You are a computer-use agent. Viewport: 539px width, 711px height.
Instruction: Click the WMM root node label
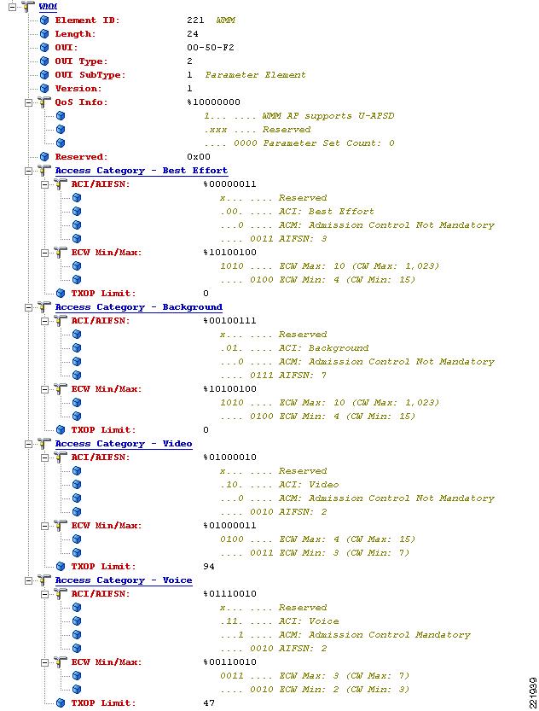pyautogui.click(x=48, y=6)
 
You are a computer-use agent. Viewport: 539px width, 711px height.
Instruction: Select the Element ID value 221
pyautogui.click(x=195, y=20)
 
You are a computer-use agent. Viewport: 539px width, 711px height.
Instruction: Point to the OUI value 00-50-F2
pyautogui.click(x=210, y=47)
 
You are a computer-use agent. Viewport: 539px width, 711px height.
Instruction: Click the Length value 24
pyautogui.click(x=193, y=33)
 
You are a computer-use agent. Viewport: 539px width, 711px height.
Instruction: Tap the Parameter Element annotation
pyautogui.click(x=256, y=74)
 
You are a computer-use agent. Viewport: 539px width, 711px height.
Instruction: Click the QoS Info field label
pyautogui.click(x=82, y=102)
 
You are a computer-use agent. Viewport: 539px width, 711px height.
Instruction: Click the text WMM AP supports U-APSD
pyautogui.click(x=328, y=115)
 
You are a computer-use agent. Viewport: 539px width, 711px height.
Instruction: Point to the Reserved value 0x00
pyautogui.click(x=199, y=156)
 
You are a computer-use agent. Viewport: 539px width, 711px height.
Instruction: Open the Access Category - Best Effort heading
pyautogui.click(x=142, y=171)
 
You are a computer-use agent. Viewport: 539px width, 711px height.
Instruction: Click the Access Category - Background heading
pyautogui.click(x=139, y=307)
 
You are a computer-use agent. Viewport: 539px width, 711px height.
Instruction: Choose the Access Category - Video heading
pyautogui.click(x=124, y=444)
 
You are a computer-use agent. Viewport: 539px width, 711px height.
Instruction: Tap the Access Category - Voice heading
pyautogui.click(x=124, y=580)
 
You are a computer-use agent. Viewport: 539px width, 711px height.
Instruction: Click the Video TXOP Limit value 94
pyautogui.click(x=209, y=566)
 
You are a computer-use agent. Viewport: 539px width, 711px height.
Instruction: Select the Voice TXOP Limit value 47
pyautogui.click(x=209, y=702)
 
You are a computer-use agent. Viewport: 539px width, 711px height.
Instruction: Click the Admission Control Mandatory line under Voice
pyautogui.click(x=345, y=634)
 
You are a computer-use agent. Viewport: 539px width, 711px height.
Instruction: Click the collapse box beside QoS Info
pyautogui.click(x=28, y=102)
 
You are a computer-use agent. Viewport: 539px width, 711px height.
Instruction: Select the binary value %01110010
pyautogui.click(x=229, y=593)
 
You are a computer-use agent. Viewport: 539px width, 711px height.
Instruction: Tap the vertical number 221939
pyautogui.click(x=533, y=693)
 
